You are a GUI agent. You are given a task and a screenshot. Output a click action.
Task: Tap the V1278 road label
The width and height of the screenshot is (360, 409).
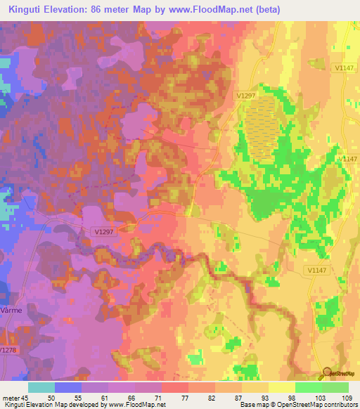pos(8,349)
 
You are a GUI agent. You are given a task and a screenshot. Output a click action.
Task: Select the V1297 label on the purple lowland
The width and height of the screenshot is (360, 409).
pos(101,230)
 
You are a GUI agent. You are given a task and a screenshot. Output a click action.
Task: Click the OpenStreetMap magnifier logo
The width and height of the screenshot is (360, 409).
pos(328,374)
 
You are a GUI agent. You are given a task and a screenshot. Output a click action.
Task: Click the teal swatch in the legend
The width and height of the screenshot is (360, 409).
pos(41,387)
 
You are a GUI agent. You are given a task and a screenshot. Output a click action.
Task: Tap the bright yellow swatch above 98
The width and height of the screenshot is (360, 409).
pos(281,387)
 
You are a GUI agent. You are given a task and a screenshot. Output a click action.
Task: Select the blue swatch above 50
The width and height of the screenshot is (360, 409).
pos(67,387)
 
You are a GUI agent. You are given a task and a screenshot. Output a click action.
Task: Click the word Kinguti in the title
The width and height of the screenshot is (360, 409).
pos(26,8)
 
